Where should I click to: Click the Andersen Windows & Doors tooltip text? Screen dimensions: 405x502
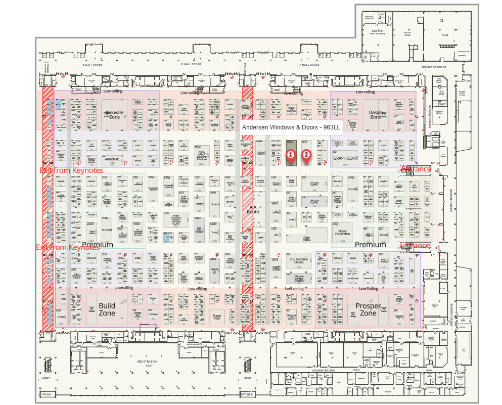tap(291, 128)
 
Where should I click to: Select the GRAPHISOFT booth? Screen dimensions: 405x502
tap(345, 158)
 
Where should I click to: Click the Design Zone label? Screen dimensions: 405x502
tap(375, 114)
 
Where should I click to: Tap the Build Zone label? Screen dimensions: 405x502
tap(107, 309)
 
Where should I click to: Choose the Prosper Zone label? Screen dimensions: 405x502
tap(368, 309)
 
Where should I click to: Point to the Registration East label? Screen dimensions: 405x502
tap(147, 364)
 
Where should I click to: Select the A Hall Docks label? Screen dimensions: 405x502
tap(309, 64)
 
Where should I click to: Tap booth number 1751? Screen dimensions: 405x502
tap(167, 178)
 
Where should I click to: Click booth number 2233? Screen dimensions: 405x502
tap(90, 223)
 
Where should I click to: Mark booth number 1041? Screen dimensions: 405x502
tap(275, 203)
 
